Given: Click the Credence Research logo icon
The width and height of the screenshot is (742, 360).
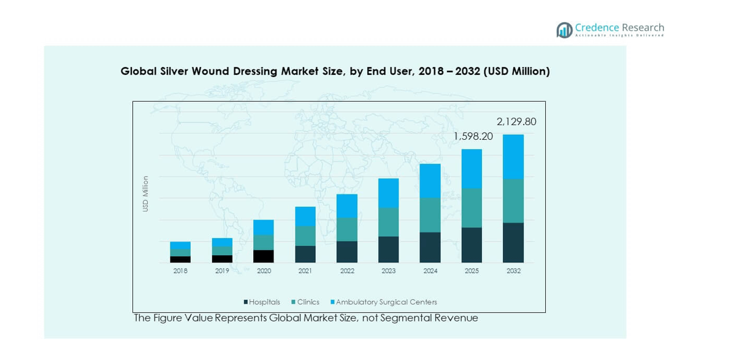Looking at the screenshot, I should tap(564, 30).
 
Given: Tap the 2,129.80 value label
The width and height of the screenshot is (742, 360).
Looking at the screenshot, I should tap(516, 122).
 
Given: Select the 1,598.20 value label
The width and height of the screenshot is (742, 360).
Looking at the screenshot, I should tap(473, 137).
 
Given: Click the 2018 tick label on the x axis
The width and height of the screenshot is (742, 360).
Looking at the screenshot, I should tap(180, 271).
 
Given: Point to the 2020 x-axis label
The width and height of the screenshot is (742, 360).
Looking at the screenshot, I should tap(264, 271).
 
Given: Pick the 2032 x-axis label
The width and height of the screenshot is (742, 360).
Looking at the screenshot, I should tap(513, 271).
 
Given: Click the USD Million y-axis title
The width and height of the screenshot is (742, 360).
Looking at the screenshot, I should tap(146, 194).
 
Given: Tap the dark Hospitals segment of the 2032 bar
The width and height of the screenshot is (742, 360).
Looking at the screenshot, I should tap(513, 243).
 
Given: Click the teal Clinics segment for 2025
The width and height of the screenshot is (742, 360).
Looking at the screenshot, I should tap(472, 208).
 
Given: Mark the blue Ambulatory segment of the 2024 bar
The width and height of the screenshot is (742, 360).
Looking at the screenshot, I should tap(430, 181).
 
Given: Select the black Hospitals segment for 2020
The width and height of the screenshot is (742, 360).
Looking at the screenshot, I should tap(264, 256).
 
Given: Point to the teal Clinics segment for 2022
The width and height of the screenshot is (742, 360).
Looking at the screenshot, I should tap(347, 229).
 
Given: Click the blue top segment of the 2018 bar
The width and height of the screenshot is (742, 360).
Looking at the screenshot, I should tap(180, 245).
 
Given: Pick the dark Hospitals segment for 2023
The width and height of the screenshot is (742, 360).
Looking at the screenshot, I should tap(388, 250).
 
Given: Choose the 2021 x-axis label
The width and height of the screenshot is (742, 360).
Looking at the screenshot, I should tap(305, 271).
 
